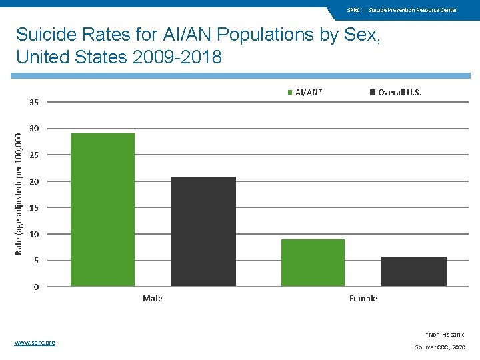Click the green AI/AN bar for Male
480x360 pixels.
click(103, 210)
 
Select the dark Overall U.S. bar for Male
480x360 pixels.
click(203, 231)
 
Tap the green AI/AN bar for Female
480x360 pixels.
click(313, 263)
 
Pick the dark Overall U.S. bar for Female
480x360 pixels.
click(413, 271)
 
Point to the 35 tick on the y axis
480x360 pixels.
click(33, 102)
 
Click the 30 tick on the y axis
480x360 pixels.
click(33, 129)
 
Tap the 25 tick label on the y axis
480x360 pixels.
click(33, 155)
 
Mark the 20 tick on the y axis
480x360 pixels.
click(33, 181)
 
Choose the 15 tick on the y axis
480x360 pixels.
click(33, 208)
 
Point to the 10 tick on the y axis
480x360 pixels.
click(33, 234)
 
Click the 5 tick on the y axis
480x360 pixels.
click(36, 261)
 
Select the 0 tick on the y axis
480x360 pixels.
click(36, 287)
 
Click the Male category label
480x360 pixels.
click(153, 298)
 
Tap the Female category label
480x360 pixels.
click(363, 298)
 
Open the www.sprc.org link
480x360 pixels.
click(35, 342)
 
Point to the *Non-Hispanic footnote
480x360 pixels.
click(445, 334)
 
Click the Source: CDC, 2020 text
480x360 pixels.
click(440, 347)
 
